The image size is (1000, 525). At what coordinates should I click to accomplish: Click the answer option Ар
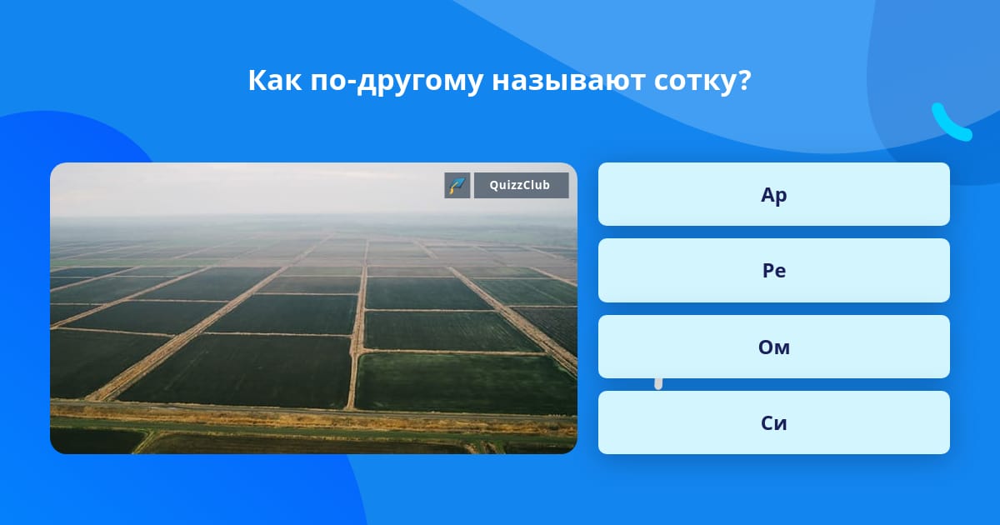[x=773, y=194]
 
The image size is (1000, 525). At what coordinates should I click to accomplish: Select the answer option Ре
[x=773, y=271]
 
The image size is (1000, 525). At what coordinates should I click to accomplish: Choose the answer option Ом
[x=773, y=347]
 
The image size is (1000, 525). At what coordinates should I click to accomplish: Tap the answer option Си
[x=773, y=422]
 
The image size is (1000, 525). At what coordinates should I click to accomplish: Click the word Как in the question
[x=274, y=80]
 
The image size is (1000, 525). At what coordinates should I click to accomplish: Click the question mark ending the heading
[x=742, y=80]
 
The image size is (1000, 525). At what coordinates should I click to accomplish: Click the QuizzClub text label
[x=520, y=185]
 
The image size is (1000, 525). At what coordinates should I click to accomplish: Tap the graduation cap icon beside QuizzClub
[x=457, y=185]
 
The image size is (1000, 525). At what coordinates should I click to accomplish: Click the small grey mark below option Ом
[x=658, y=384]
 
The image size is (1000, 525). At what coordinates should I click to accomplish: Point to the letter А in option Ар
[x=767, y=195]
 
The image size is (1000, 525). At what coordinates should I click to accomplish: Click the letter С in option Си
[x=767, y=423]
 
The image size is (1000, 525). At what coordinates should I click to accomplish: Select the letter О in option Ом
[x=766, y=347]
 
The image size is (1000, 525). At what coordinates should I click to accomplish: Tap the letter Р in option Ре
[x=768, y=271]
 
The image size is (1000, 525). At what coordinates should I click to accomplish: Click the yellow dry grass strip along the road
[x=312, y=417]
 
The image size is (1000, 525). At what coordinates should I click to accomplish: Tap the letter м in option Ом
[x=782, y=348]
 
